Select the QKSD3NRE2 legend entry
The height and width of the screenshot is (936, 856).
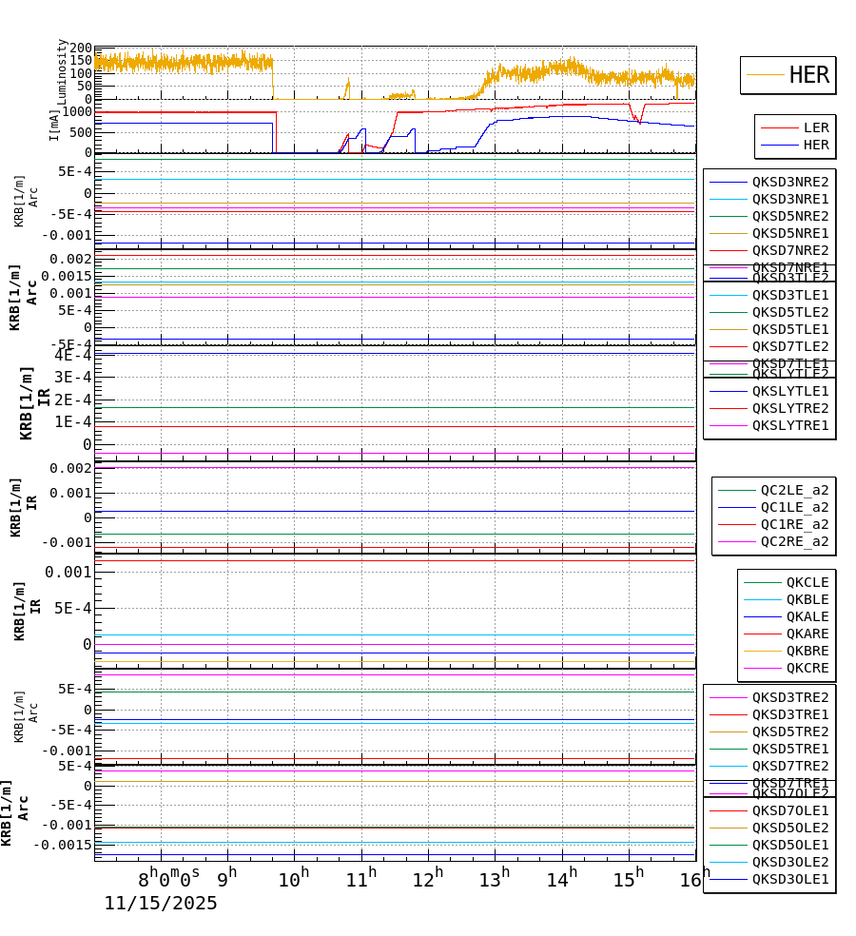coord(789,182)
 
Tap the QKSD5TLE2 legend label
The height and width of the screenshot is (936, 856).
coord(789,312)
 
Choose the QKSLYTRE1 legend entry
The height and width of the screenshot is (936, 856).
coord(789,425)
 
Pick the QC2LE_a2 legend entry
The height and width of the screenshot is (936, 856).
coord(793,490)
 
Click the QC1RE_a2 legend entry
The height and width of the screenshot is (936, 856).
coord(793,524)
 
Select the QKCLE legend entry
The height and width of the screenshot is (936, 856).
coord(807,582)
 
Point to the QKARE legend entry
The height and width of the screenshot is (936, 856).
coord(807,634)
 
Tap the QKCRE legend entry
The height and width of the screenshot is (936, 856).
coord(807,668)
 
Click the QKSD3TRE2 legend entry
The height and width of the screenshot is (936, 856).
coord(789,697)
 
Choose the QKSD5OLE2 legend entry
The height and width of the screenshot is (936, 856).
coord(789,828)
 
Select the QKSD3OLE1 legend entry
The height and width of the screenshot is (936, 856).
coord(789,879)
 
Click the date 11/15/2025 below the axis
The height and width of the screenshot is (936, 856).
coord(161,904)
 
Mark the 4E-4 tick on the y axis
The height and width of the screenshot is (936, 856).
coord(73,355)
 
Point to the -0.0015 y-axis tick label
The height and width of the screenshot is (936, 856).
coord(63,845)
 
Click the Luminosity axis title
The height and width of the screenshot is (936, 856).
coord(62,71)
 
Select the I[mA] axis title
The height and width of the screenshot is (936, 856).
coord(54,125)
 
